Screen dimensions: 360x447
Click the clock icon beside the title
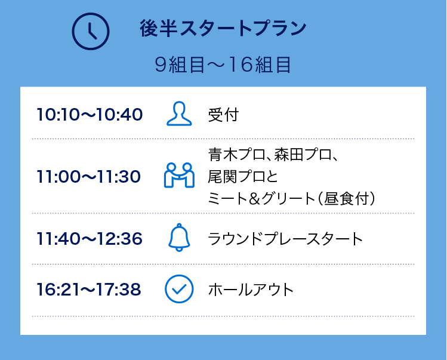(x=91, y=30)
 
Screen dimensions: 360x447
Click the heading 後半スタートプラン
(x=223, y=29)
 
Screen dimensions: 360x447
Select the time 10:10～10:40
(x=90, y=114)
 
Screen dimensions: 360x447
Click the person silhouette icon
(x=179, y=114)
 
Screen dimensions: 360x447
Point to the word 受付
(x=223, y=115)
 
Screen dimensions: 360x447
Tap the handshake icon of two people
(x=179, y=175)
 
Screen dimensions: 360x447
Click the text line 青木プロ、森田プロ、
(x=274, y=156)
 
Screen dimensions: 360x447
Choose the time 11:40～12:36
(x=90, y=239)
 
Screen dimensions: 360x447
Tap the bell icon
(x=179, y=238)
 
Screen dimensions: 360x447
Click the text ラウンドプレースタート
(x=285, y=239)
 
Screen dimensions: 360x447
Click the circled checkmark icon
(x=178, y=289)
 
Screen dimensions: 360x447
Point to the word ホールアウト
(x=251, y=290)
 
